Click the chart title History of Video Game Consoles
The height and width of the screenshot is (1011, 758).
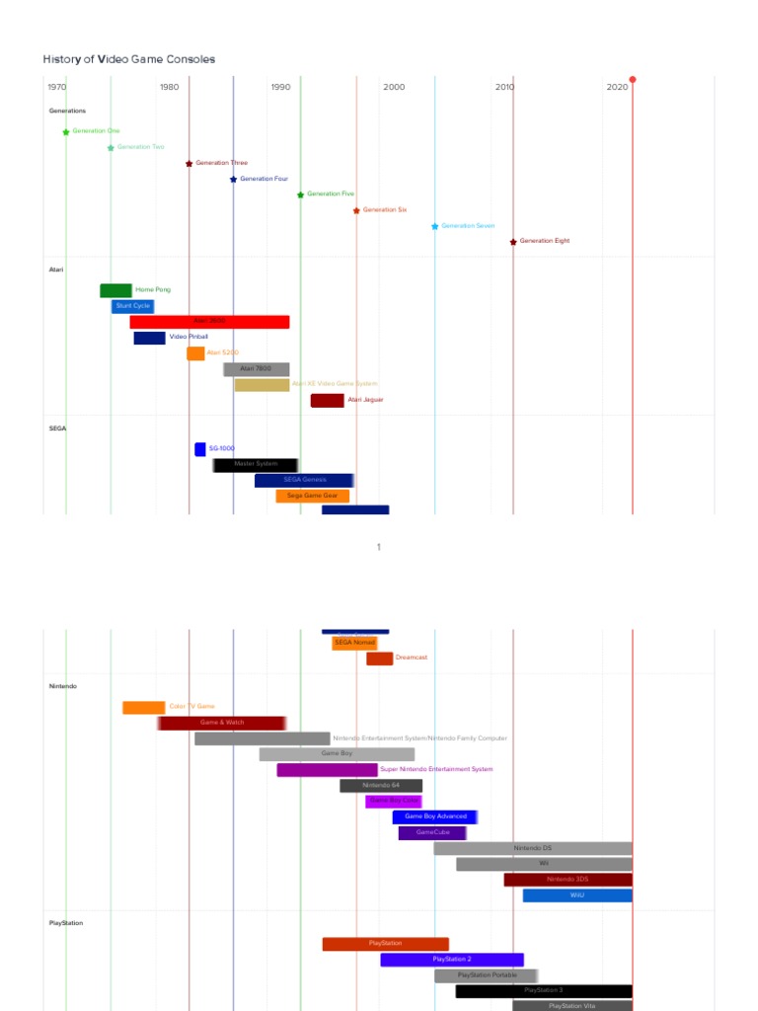tap(128, 59)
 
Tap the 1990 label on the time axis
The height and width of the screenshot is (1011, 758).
tap(281, 88)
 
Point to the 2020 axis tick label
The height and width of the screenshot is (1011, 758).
tap(617, 88)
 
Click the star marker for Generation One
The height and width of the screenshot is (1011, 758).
tap(66, 131)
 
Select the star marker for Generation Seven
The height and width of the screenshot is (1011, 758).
tap(434, 226)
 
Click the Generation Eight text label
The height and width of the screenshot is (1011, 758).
tap(544, 241)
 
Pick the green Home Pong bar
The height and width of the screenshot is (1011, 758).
tap(115, 290)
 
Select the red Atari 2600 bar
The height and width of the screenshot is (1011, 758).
tap(209, 322)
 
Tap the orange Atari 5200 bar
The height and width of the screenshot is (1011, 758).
tap(195, 353)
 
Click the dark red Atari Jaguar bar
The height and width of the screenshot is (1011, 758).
tap(327, 400)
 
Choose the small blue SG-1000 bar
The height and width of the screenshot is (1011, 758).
tap(200, 449)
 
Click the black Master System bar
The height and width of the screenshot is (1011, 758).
tap(255, 464)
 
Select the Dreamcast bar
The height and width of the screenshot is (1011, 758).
tap(379, 659)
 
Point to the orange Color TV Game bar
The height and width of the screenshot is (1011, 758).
tap(143, 707)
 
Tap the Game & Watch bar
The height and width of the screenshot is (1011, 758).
tap(222, 723)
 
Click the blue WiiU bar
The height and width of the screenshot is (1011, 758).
tap(577, 895)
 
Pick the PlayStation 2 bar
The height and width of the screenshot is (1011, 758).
tap(452, 960)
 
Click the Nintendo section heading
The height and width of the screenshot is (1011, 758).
tap(63, 686)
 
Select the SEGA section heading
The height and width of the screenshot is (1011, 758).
tap(57, 428)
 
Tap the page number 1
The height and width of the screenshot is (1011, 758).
tap(379, 546)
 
